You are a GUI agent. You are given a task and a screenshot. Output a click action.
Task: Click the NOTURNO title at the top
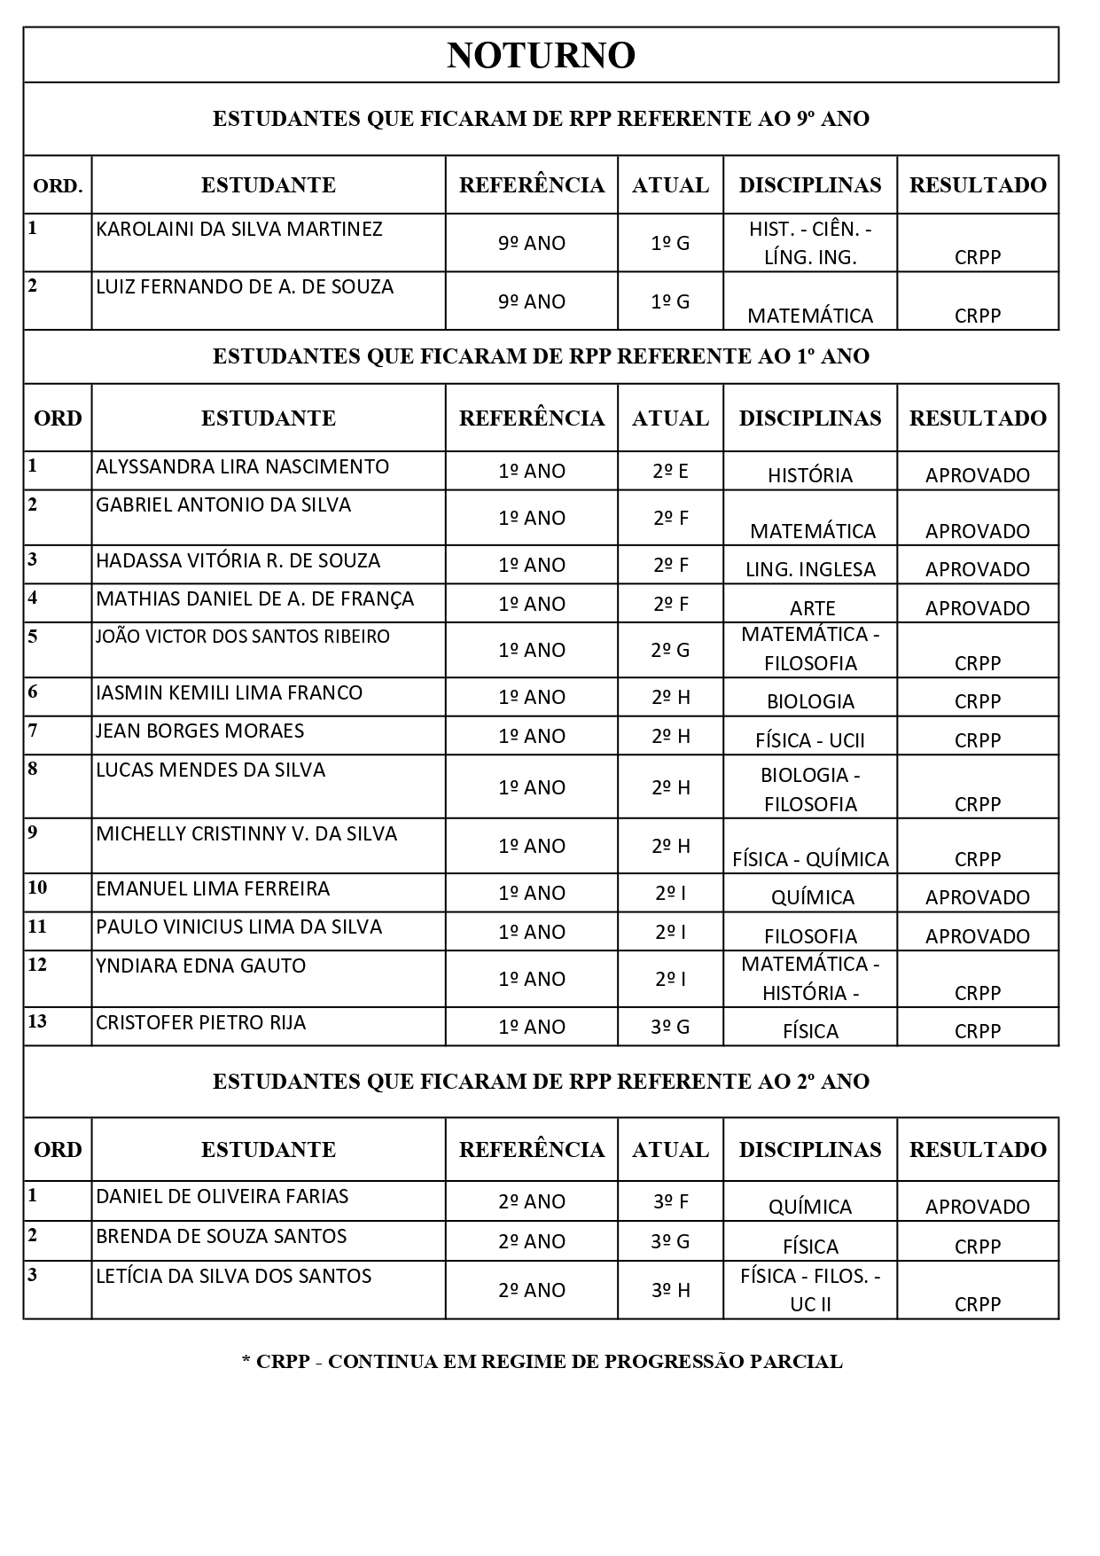coord(541,55)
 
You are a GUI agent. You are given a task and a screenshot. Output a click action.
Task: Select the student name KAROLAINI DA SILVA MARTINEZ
coord(239,230)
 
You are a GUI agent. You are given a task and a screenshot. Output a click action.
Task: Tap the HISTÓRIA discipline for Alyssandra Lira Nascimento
coord(810,475)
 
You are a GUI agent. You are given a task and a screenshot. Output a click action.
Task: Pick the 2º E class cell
coord(670,471)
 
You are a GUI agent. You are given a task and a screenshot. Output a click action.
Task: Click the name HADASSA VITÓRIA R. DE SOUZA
coord(238,561)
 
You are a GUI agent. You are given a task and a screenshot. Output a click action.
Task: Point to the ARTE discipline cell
coord(812,608)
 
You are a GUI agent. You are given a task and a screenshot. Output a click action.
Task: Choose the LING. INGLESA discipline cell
coord(810,569)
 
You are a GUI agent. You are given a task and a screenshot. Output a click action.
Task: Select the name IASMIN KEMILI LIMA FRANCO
coord(229,692)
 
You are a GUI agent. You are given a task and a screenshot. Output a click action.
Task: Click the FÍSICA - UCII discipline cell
coord(810,740)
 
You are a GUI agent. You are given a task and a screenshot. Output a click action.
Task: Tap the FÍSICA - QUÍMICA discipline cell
coord(810,859)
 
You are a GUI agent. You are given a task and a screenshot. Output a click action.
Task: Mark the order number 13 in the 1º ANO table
coord(37,1021)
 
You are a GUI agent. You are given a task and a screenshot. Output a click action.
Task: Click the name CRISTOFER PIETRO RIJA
coord(200,1023)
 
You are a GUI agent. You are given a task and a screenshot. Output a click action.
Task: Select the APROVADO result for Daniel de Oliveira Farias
coord(977,1207)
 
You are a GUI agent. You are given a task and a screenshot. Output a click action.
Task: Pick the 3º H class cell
coord(670,1290)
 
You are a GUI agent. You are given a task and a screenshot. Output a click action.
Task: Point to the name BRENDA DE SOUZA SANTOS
coord(221,1236)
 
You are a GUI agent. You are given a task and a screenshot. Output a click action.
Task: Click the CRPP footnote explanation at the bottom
coord(542,1362)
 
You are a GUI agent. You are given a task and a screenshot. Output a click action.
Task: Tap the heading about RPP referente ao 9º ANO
coord(541,119)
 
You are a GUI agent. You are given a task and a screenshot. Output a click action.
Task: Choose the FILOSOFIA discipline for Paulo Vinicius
coord(810,936)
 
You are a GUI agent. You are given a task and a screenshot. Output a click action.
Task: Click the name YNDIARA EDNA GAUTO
coord(200,966)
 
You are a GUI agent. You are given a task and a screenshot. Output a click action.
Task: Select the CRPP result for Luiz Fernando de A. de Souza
coord(977,316)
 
